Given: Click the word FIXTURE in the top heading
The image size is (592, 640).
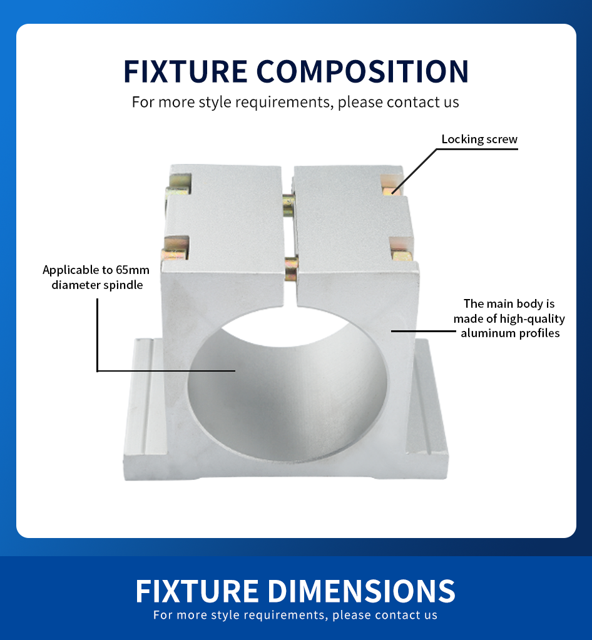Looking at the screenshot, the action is [x=185, y=71].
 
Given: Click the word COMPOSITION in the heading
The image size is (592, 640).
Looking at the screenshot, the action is [x=362, y=71].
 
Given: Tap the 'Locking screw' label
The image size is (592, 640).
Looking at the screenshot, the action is [x=479, y=139].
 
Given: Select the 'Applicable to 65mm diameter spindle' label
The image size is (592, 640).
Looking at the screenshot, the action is [x=96, y=277].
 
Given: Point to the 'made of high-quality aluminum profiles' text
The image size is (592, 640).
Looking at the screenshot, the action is [x=509, y=326].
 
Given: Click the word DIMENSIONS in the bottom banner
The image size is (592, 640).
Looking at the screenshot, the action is [x=361, y=591].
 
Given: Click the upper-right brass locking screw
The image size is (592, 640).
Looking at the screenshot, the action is [x=390, y=185].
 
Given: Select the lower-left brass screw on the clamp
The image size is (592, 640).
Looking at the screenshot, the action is [x=176, y=249].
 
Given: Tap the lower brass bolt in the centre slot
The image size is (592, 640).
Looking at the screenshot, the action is [x=292, y=268].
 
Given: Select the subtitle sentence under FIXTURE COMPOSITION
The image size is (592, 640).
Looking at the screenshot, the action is [x=295, y=102].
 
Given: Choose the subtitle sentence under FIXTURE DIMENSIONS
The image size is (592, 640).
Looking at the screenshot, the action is [x=295, y=615].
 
